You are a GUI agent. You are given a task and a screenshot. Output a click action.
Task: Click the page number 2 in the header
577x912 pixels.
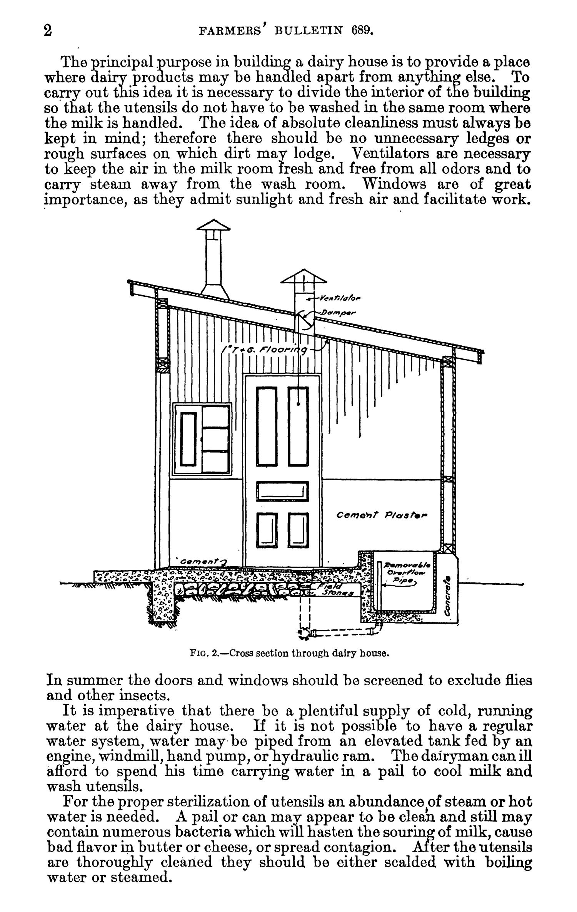(x=48, y=30)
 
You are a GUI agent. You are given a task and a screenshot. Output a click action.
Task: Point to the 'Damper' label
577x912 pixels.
(x=340, y=313)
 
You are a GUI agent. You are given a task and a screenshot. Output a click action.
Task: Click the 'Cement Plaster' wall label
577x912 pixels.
(x=382, y=515)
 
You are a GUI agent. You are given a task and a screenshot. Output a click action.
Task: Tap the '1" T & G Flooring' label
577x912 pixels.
(x=265, y=350)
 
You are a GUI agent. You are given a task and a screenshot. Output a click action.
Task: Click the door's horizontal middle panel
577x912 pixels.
(x=282, y=492)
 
